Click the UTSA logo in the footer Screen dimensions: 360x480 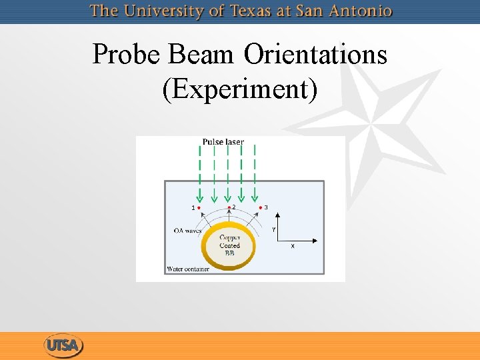(63, 346)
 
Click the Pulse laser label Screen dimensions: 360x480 (223, 141)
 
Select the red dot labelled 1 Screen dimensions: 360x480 (199, 208)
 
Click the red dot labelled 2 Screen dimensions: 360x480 (229, 207)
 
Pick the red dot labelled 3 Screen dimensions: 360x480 (260, 207)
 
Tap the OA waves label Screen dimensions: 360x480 (187, 231)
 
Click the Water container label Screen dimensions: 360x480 (187, 269)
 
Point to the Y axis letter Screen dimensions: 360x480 (273, 229)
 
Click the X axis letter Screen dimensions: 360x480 (293, 245)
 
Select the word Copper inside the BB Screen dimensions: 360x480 (230, 237)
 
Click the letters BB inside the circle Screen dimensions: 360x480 (229, 253)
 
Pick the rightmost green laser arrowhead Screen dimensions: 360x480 (255, 197)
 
